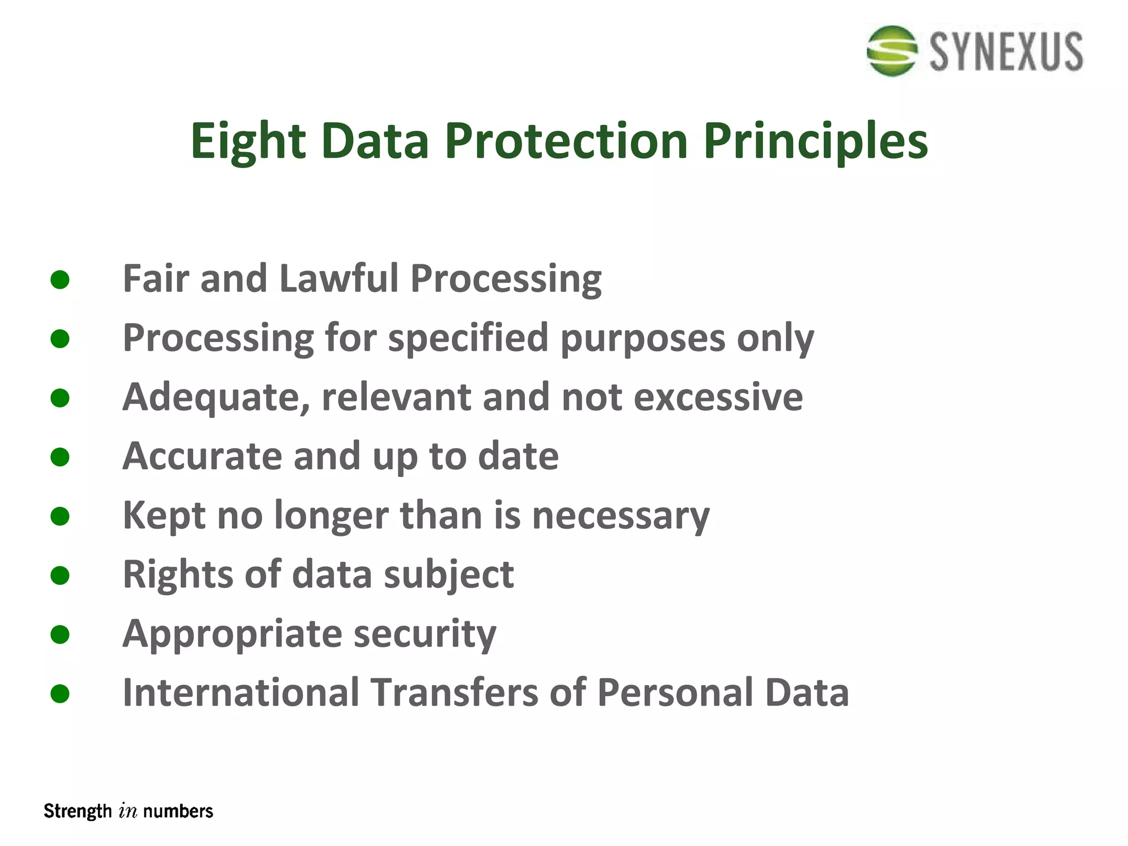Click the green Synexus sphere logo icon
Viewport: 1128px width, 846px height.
(x=892, y=51)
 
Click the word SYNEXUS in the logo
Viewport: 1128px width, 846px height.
(x=1006, y=52)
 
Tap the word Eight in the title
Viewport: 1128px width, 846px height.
(x=247, y=141)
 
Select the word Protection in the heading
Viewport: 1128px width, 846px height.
(x=566, y=141)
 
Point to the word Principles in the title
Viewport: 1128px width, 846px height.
(x=816, y=141)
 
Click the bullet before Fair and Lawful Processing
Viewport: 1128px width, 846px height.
(x=59, y=279)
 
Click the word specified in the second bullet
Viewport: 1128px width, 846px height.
(x=468, y=338)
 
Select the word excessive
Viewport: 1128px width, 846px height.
(x=718, y=397)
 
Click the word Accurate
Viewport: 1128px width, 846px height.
(x=202, y=456)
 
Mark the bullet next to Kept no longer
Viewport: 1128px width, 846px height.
(x=59, y=516)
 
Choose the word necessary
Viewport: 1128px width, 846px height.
(x=621, y=516)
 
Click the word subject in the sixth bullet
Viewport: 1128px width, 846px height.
(x=449, y=575)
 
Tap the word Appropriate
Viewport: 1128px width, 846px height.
(x=232, y=634)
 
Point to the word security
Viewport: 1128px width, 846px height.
(x=425, y=634)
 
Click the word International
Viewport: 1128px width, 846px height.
(x=241, y=693)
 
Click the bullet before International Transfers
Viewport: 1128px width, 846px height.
(x=59, y=693)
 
